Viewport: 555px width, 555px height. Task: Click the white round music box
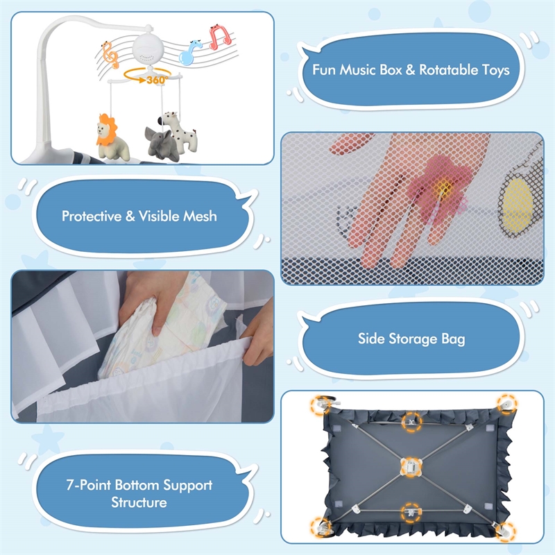pyautogui.click(x=148, y=49)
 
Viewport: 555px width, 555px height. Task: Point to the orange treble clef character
pyautogui.click(x=110, y=55)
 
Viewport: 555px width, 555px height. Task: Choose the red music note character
pyautogui.click(x=220, y=37)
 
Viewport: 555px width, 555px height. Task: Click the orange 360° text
pyautogui.click(x=157, y=80)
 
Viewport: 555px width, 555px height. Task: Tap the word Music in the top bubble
pyautogui.click(x=358, y=70)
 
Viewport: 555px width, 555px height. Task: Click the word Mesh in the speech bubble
pyautogui.click(x=200, y=216)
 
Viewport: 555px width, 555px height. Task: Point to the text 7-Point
pyautogui.click(x=89, y=484)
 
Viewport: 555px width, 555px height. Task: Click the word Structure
pyautogui.click(x=139, y=502)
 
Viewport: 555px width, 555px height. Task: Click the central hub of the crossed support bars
pyautogui.click(x=411, y=466)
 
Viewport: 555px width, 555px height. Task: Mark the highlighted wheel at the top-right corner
pyautogui.click(x=507, y=404)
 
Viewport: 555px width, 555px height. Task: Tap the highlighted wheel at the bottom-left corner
pyautogui.click(x=321, y=527)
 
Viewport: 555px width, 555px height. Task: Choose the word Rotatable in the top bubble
pyautogui.click(x=449, y=70)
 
